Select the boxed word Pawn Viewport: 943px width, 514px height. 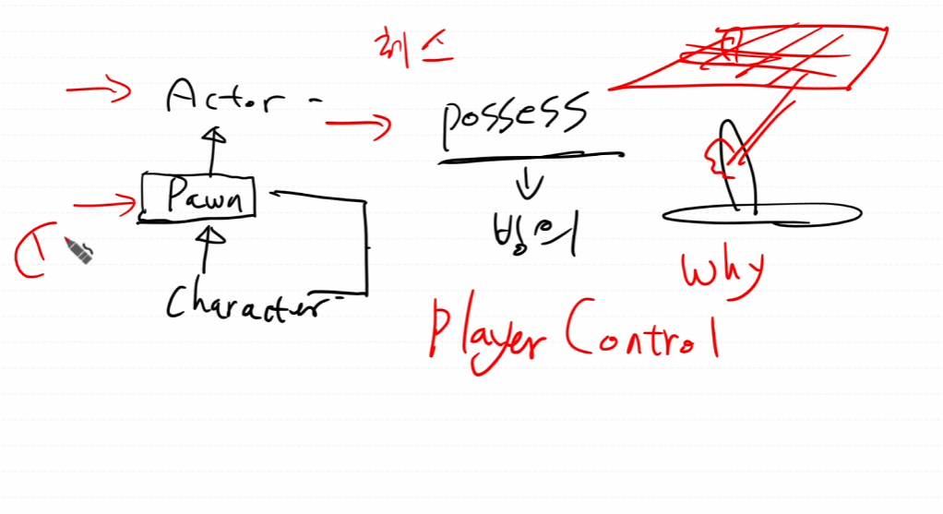[x=197, y=196]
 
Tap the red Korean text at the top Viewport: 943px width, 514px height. [x=412, y=46]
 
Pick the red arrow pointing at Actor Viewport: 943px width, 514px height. [x=98, y=90]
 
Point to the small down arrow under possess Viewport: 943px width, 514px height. [x=530, y=185]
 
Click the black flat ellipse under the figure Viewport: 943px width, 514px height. [x=762, y=215]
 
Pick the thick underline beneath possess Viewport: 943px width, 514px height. [x=530, y=158]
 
